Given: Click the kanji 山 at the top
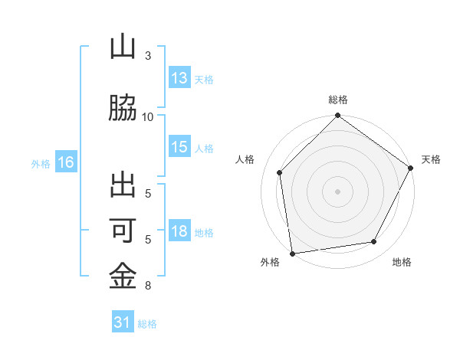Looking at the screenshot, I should [x=123, y=47].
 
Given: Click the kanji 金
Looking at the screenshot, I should [x=123, y=275].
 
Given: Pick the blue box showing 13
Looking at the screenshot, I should [x=179, y=78].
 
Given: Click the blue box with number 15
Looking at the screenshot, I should [x=179, y=148].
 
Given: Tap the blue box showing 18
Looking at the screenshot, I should [x=179, y=232].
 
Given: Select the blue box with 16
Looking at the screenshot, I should [x=65, y=162].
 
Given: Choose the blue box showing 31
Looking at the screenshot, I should [x=123, y=323].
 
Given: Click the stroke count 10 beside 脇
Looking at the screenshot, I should [x=148, y=116].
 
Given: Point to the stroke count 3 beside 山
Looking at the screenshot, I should [x=148, y=56].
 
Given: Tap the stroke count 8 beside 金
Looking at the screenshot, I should [x=148, y=286].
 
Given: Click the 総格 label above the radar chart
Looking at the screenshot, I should [x=338, y=100].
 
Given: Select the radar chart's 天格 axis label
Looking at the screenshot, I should [x=431, y=159].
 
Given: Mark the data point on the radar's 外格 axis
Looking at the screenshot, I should [x=292, y=253].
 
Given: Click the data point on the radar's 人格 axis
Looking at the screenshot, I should [x=280, y=172].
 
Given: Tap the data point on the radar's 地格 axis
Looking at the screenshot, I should [x=374, y=241].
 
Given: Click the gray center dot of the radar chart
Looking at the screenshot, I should [x=338, y=191].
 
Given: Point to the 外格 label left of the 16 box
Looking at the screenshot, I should [x=41, y=163].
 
